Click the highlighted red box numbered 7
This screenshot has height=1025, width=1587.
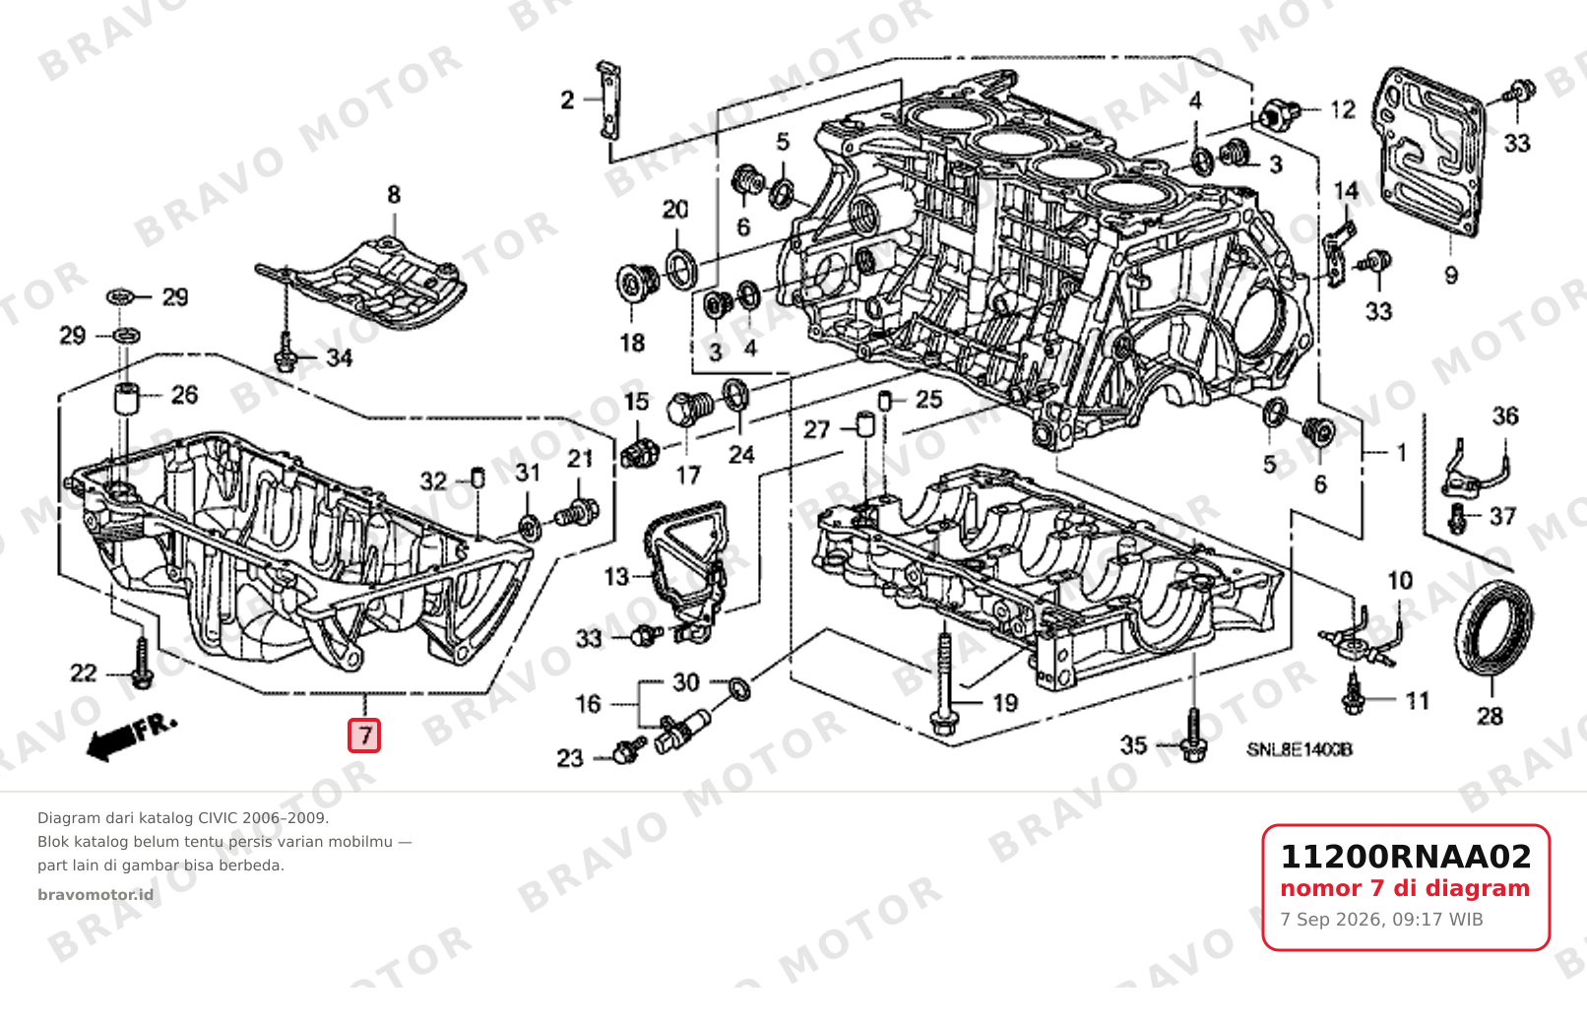point(364,736)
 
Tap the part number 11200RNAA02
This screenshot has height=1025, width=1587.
point(1406,857)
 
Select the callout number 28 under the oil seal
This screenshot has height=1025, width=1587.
point(1490,717)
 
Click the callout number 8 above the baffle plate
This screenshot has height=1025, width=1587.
point(394,195)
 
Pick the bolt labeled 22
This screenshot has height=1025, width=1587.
point(142,664)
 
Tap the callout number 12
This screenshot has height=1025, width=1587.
point(1343,110)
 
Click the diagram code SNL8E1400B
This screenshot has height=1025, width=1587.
point(1300,749)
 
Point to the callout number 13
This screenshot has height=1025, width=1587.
point(616,577)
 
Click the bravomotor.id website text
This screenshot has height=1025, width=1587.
point(95,895)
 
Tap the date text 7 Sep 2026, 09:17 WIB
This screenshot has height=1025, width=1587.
point(1381,920)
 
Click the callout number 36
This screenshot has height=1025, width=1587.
point(1505,416)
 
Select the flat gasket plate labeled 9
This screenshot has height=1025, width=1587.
point(1428,154)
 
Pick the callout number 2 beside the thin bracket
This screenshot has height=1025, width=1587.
point(567,100)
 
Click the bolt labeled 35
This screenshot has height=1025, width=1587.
point(1193,736)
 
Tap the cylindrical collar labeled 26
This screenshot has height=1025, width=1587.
point(127,399)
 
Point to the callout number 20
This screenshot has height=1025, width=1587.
point(674,210)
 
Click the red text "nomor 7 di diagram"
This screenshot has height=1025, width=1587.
point(1405,888)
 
